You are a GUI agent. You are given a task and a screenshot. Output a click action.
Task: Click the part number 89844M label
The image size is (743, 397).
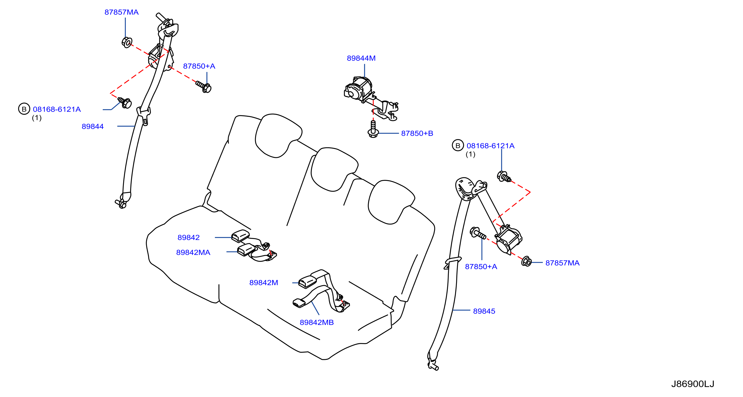tap(361, 58)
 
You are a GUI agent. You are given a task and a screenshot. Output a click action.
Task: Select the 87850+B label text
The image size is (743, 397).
tap(417, 133)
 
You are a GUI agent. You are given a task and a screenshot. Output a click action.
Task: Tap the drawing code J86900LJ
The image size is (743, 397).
tap(692, 384)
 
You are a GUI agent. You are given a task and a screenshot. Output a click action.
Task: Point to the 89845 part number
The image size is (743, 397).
tap(484, 311)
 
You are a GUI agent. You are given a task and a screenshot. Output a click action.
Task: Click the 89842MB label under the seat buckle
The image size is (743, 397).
tap(317, 322)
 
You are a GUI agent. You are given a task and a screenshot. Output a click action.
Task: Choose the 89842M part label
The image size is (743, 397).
tap(264, 283)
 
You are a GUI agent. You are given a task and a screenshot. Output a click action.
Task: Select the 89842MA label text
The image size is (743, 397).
tap(193, 253)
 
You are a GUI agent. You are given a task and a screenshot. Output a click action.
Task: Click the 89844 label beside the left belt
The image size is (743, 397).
tap(93, 126)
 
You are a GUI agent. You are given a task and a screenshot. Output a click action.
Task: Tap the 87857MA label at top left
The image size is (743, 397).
tap(122, 12)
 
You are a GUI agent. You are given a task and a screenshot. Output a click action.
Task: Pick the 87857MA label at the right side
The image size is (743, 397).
tap(562, 263)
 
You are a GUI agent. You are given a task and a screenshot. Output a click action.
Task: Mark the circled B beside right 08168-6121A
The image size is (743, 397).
tap(458, 145)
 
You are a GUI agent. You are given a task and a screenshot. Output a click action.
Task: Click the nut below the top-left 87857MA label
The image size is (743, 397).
tap(127, 42)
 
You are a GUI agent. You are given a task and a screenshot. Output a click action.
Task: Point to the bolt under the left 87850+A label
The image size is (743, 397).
tap(204, 86)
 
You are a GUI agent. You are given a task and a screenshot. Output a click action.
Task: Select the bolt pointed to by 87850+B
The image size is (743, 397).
tap(373, 129)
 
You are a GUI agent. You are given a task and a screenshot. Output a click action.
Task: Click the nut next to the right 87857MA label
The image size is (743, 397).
tap(527, 261)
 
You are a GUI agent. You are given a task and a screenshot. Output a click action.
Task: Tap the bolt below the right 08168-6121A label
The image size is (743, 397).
tap(504, 177)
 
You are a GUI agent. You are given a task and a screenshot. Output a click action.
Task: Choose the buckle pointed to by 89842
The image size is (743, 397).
tap(240, 236)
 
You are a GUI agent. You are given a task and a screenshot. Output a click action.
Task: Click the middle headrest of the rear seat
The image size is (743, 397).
tap(334, 169)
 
